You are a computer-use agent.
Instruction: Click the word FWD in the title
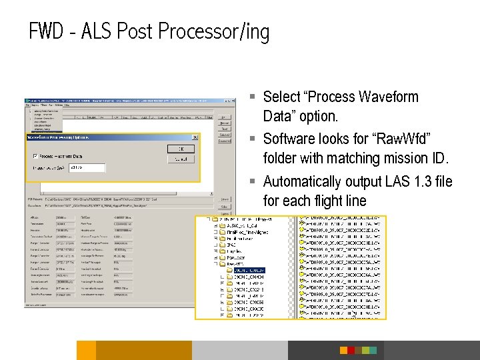[47, 31]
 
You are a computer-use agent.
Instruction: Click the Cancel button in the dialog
[181, 160]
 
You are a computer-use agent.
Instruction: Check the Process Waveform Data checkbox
[35, 155]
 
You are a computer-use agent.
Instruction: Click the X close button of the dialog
[195, 137]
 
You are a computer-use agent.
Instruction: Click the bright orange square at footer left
[86, 350]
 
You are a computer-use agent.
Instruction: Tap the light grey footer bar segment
[240, 350]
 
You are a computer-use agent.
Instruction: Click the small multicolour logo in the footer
[357, 350]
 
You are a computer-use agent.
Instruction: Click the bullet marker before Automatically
[255, 182]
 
